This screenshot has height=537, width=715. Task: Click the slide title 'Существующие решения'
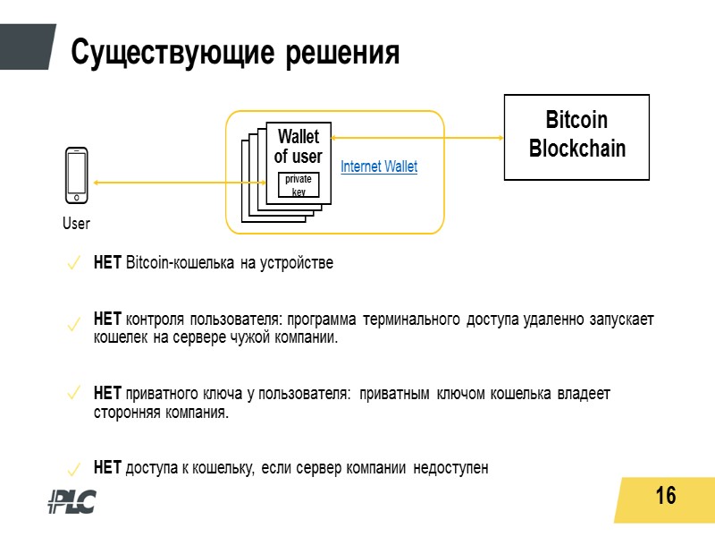point(235,51)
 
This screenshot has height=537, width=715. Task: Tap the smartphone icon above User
point(77,175)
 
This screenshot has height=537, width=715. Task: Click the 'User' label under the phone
point(76,223)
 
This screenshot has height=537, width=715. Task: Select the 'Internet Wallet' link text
point(379,166)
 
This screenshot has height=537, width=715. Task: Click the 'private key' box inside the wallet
point(298,185)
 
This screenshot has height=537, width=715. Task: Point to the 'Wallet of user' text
point(298,147)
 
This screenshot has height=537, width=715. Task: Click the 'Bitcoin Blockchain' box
point(577,135)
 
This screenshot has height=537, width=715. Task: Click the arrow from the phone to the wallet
point(179,183)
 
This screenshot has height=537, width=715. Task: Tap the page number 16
point(665,495)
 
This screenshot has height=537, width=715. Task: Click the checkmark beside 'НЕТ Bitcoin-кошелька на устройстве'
point(75,264)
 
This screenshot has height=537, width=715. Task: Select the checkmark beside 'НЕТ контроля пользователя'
point(75,328)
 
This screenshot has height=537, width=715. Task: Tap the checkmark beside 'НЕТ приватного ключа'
point(75,393)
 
